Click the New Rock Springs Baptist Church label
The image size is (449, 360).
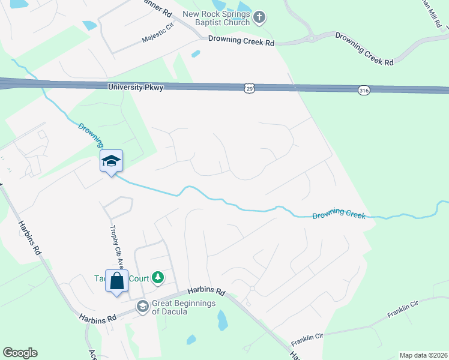click(216, 18)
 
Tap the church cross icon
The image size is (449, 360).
click(259, 17)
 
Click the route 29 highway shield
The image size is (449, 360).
click(249, 88)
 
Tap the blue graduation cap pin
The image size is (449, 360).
click(111, 161)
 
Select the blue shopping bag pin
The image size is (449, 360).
click(116, 280)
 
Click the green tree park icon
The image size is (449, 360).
click(158, 277)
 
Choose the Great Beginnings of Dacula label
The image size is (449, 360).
click(183, 307)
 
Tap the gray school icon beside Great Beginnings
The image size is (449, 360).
click(142, 307)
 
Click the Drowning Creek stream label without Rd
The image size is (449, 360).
click(339, 213)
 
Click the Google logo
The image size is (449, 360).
click(20, 353)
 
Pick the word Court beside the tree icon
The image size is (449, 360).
click(136, 278)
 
